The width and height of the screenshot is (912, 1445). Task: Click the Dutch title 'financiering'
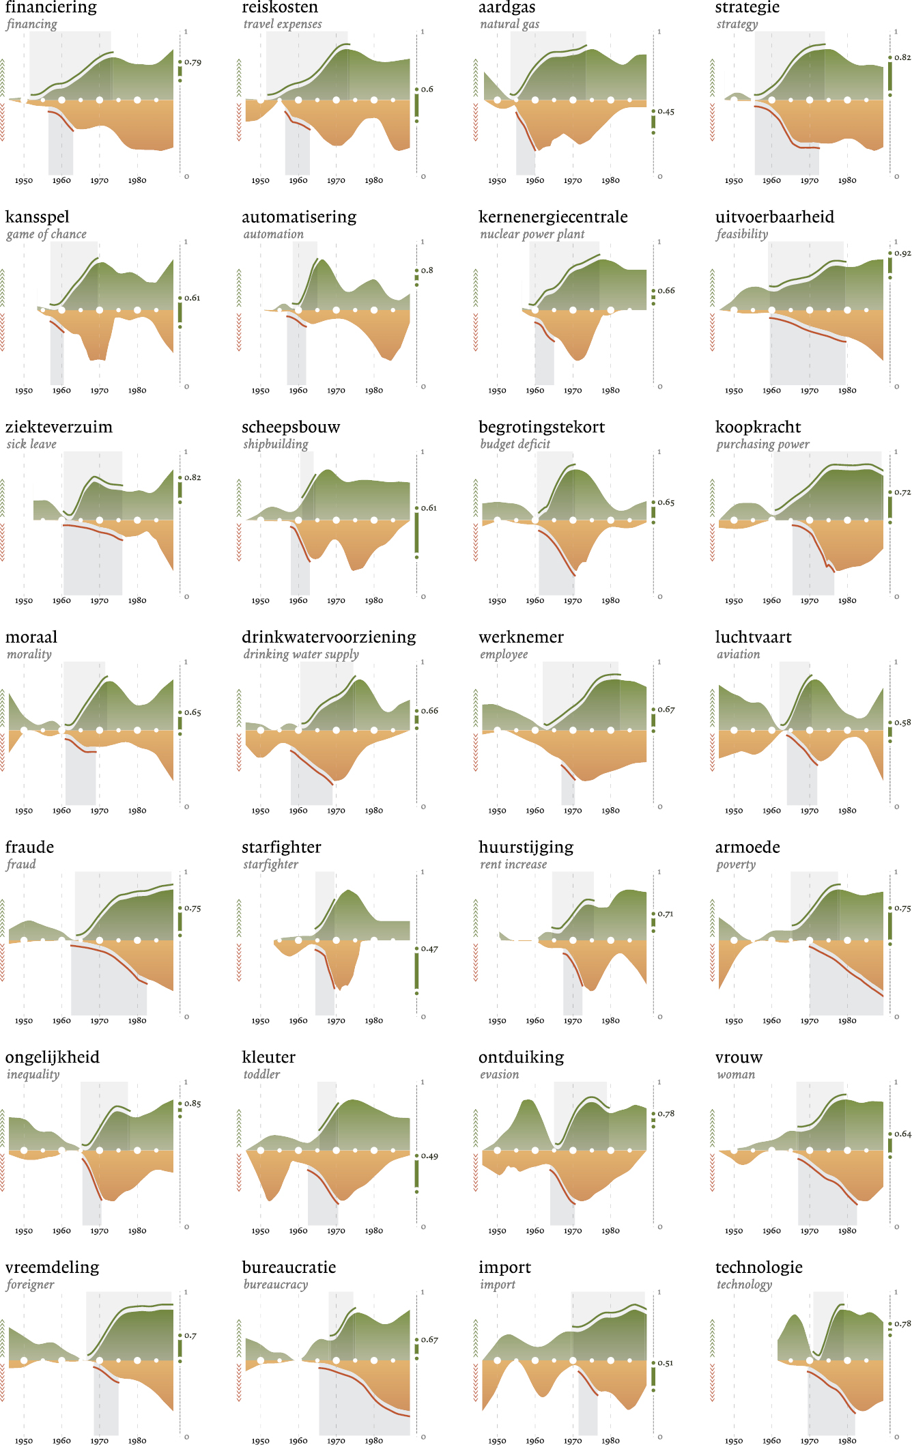(x=51, y=8)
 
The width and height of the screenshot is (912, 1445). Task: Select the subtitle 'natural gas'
(x=509, y=24)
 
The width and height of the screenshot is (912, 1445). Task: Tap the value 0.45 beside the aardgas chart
(x=666, y=111)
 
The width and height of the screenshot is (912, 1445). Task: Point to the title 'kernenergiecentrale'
(x=553, y=217)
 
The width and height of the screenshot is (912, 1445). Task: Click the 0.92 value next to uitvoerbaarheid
(x=902, y=253)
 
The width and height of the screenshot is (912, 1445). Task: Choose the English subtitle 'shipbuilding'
(x=276, y=444)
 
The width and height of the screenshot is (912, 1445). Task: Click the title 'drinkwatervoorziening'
(x=329, y=637)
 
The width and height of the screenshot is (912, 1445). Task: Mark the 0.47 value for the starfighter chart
(x=429, y=949)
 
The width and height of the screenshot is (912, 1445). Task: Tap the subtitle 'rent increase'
(x=513, y=865)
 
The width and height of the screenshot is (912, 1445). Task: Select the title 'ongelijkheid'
(x=53, y=1057)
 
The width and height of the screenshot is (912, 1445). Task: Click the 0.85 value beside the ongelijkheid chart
(x=193, y=1104)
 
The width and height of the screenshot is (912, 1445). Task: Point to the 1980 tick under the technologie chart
(x=847, y=1441)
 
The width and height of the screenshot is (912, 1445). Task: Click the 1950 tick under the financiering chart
(x=24, y=181)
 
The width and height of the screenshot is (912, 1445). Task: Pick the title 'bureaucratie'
(x=289, y=1267)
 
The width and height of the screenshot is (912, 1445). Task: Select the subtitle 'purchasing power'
(x=763, y=445)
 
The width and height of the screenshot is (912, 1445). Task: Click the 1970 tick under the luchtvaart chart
(x=810, y=811)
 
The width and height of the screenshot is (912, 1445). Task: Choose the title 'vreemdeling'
(x=53, y=1267)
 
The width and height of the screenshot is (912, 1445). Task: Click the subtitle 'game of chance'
(x=46, y=234)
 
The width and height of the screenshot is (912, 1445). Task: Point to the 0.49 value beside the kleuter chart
(x=429, y=1156)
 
